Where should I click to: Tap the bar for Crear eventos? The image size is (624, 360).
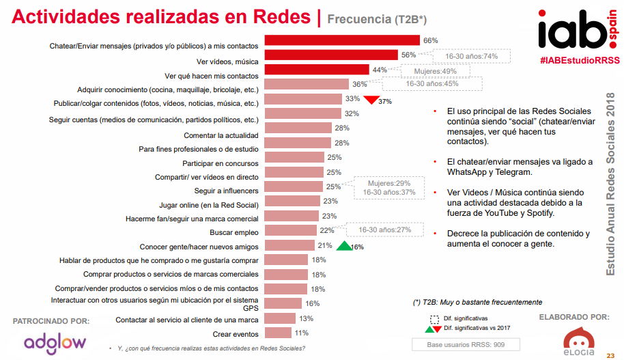click(277, 333)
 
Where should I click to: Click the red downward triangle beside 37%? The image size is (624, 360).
click(370, 100)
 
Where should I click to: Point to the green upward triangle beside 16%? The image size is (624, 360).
click(343, 245)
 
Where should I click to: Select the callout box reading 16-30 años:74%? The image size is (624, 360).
click(471, 56)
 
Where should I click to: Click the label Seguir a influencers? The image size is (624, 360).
click(227, 191)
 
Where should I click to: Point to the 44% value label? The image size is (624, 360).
click(380, 70)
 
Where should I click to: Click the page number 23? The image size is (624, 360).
click(611, 355)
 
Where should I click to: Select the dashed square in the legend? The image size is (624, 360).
click(434, 318)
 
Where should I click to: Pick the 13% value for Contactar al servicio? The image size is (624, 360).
click(307, 319)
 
